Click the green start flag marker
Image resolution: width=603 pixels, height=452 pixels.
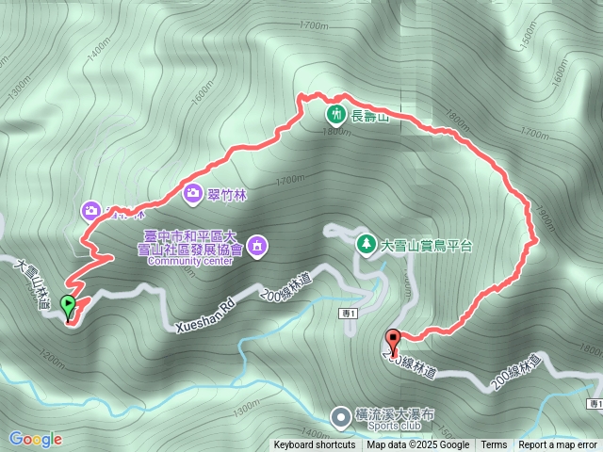tap(68, 305)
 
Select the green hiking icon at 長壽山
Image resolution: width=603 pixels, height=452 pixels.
tap(335, 115)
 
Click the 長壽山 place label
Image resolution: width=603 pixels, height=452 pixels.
tap(370, 118)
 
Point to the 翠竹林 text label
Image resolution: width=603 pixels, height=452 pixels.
tap(226, 194)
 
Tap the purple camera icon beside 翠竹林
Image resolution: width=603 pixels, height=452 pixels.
tap(192, 194)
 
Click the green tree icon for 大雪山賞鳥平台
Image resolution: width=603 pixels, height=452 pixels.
tap(365, 244)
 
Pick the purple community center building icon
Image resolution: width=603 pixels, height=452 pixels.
tap(259, 248)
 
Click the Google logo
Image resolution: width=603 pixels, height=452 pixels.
tap(36, 439)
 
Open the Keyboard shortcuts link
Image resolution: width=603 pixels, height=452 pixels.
tap(315, 445)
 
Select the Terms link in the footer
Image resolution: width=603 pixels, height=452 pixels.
tap(494, 445)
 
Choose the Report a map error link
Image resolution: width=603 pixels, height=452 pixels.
tap(558, 445)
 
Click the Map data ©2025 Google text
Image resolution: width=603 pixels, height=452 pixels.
tap(418, 445)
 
